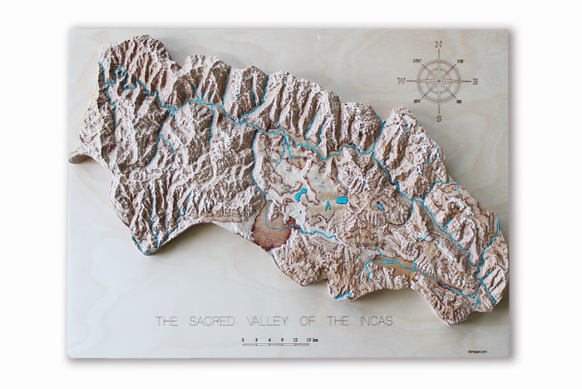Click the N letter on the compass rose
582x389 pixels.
438,44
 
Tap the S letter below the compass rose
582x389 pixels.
439,119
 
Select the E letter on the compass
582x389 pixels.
476,82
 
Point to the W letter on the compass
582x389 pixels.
401,82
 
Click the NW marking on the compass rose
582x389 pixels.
417,61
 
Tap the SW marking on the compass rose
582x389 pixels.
417,102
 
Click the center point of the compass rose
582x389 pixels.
439,81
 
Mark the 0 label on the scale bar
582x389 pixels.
243,339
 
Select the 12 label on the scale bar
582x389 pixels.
294,339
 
